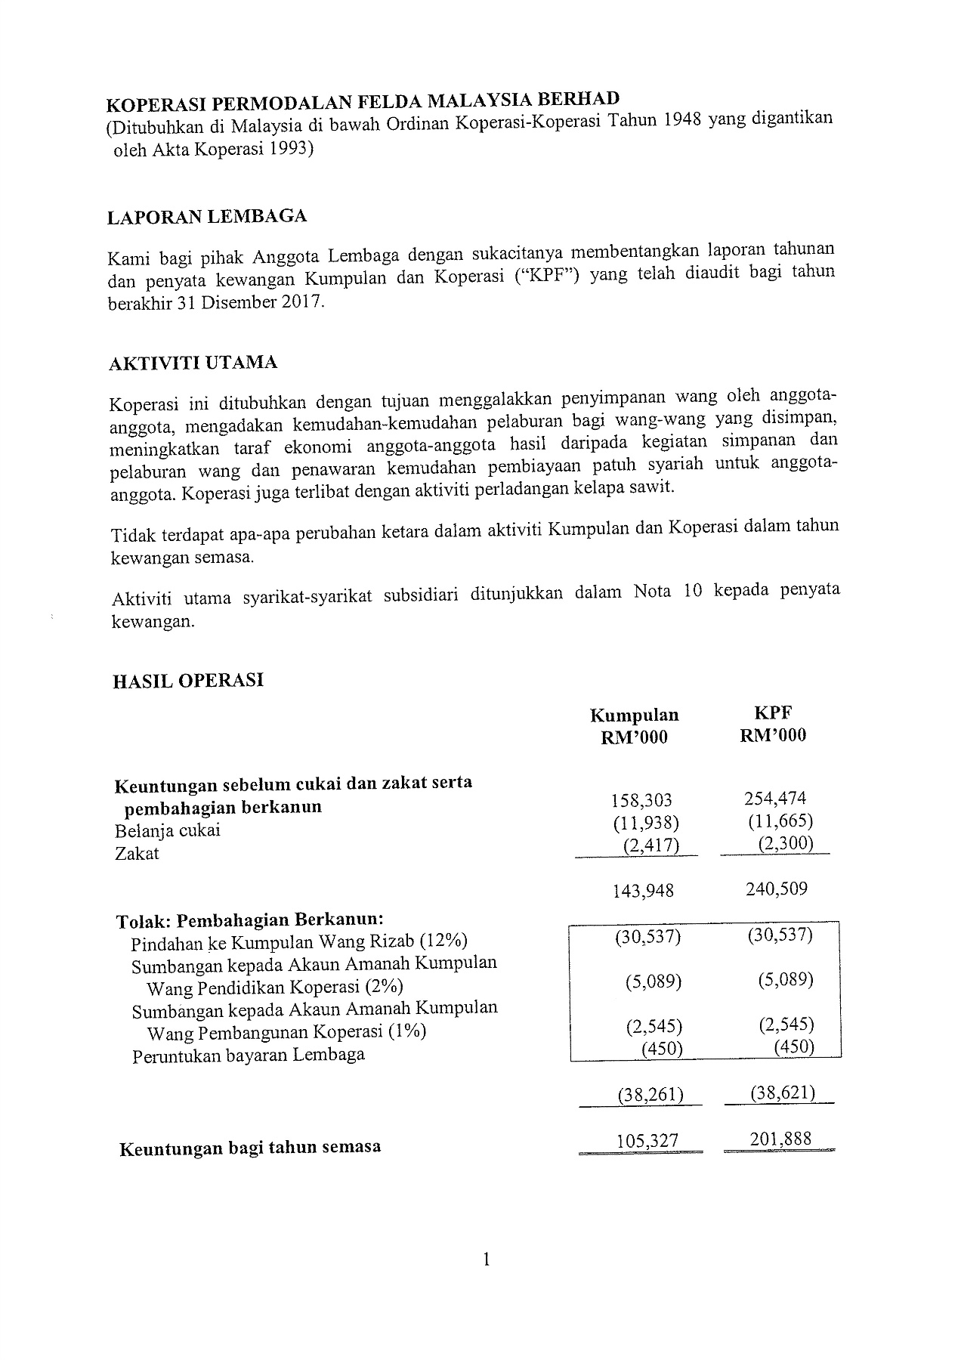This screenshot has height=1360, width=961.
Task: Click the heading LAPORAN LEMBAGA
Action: tap(207, 218)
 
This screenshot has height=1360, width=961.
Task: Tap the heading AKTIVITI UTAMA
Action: tap(193, 363)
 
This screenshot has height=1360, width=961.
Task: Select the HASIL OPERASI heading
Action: tap(188, 681)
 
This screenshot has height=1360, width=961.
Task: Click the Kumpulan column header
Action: tap(634, 715)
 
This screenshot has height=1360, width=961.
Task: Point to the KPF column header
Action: tap(773, 712)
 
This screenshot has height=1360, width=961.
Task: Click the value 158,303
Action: tap(641, 800)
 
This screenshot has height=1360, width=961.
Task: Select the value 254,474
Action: tap(774, 799)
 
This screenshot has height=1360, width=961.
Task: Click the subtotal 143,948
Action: tap(643, 891)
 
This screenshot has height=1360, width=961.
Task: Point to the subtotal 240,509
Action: tap(776, 889)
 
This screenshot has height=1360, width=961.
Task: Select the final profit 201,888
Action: tap(780, 1138)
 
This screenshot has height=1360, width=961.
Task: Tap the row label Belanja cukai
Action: tap(168, 831)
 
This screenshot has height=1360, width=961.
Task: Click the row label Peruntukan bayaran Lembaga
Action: tap(249, 1056)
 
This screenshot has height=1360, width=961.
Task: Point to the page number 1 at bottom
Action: tap(487, 1259)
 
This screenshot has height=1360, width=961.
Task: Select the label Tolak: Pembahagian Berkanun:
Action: tap(250, 921)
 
